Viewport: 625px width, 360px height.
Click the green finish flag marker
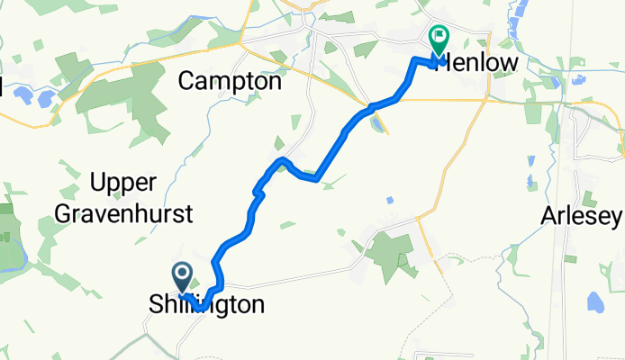[439, 40]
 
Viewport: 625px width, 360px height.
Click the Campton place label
[230, 81]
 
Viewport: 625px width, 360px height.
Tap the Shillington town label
[207, 306]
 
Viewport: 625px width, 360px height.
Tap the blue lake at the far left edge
[20, 94]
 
